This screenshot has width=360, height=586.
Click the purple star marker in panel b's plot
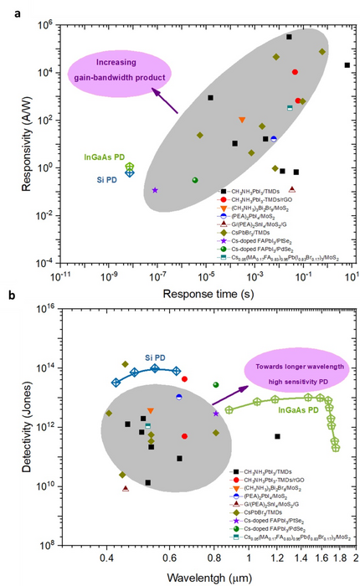(x=216, y=413)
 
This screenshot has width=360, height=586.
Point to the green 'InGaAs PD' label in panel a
(x=105, y=157)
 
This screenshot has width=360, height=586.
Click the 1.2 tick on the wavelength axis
(x=277, y=556)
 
